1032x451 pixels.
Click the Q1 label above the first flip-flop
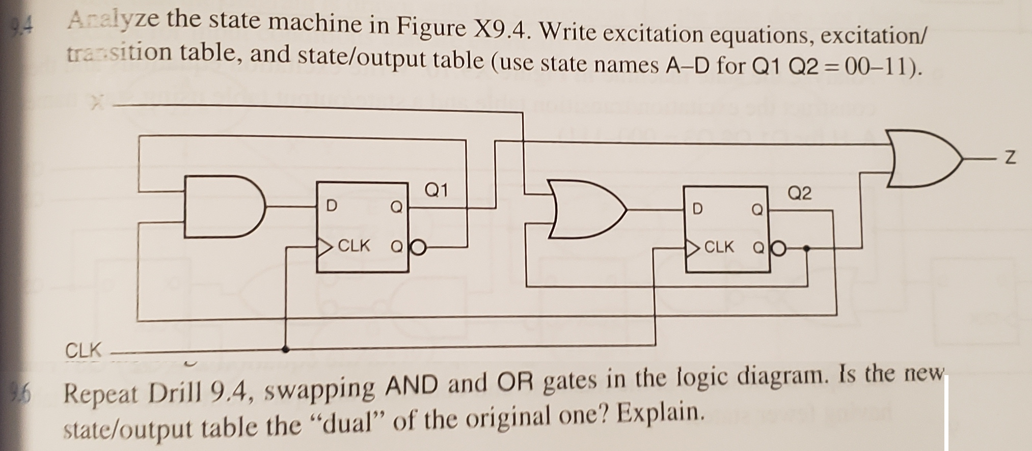click(x=436, y=190)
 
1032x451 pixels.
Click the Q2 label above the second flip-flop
click(x=799, y=193)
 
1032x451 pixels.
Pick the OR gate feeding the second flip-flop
click(x=586, y=210)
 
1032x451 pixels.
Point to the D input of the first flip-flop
click(x=331, y=206)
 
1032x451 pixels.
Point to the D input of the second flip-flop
click(x=697, y=208)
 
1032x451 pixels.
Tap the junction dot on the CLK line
click(x=286, y=349)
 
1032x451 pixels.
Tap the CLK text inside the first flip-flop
click(x=354, y=246)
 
